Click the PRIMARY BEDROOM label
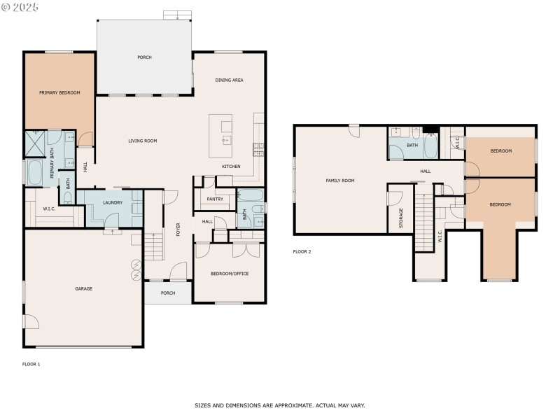(59, 93)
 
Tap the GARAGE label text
(84, 288)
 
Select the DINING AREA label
(229, 80)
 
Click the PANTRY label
(215, 199)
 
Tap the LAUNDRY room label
(113, 203)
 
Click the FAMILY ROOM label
(340, 181)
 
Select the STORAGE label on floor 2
(401, 218)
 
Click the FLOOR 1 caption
(31, 364)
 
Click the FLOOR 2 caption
(302, 251)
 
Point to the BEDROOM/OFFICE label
(230, 274)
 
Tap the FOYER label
(178, 229)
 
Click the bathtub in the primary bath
(35, 172)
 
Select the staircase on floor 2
(424, 222)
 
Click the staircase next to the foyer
(153, 246)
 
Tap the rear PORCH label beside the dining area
(144, 57)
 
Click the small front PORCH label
(168, 293)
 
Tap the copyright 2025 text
(21, 6)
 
